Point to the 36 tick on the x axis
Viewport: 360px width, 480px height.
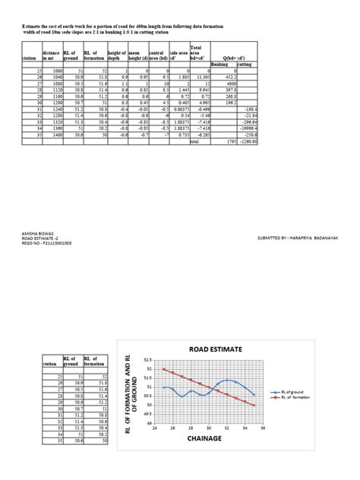(x=263, y=428)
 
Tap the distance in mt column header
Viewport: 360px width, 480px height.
(x=50, y=55)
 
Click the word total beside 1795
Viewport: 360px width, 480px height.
(x=194, y=141)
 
